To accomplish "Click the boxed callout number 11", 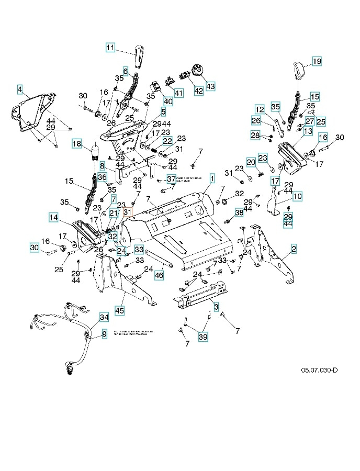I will [x=110, y=48].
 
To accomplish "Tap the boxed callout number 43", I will [x=210, y=85].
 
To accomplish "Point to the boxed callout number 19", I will [x=317, y=61].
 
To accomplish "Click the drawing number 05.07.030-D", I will [x=319, y=370].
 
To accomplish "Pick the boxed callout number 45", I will [x=120, y=311].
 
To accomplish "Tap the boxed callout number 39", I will [x=203, y=338].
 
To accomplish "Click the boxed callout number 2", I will [x=294, y=249].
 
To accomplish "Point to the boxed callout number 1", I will [x=212, y=178].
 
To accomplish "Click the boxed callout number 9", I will [x=104, y=333].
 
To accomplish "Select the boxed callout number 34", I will [x=104, y=317].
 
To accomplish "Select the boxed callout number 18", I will [x=77, y=143].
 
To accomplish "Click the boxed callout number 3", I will [x=216, y=305].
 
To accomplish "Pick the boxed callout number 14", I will [x=53, y=217].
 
